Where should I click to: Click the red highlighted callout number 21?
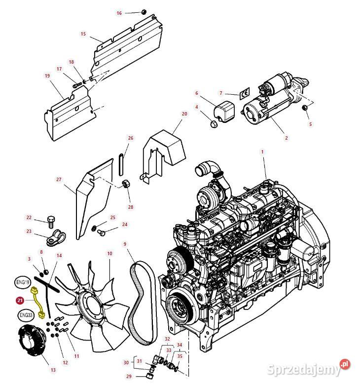tap(20, 300)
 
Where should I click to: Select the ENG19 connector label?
tap(22, 282)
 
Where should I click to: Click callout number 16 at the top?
tap(119, 13)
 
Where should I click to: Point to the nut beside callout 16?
tap(144, 12)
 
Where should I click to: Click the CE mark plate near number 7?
tap(243, 94)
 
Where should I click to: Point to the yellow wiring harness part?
tap(38, 301)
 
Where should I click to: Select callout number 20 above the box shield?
tap(184, 114)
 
